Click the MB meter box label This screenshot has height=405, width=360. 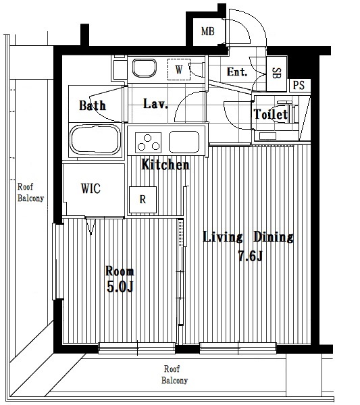tap(208, 32)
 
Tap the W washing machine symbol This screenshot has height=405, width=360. tap(179, 70)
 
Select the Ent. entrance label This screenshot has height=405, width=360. tap(237, 72)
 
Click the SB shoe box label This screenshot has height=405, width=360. tap(276, 74)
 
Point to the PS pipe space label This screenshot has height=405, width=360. tap(299, 85)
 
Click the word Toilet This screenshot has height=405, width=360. tap(271, 114)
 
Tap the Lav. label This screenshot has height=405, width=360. tap(155, 104)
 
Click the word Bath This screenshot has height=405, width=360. tap(93, 105)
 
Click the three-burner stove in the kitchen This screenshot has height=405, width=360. tap(148, 143)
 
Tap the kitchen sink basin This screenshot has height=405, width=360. tap(184, 142)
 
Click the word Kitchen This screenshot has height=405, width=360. tap(165, 165)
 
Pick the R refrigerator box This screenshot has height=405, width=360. tap(143, 200)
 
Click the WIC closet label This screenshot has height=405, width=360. tap(91, 188)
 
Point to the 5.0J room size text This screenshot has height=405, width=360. tap(120, 286)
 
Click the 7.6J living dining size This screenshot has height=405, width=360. tap(250, 256)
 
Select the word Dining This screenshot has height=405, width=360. tap(273, 237)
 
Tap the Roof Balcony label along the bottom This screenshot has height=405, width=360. tap(174, 375)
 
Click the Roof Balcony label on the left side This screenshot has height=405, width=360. tap(30, 192)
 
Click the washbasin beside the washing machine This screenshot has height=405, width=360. tap(145, 68)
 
